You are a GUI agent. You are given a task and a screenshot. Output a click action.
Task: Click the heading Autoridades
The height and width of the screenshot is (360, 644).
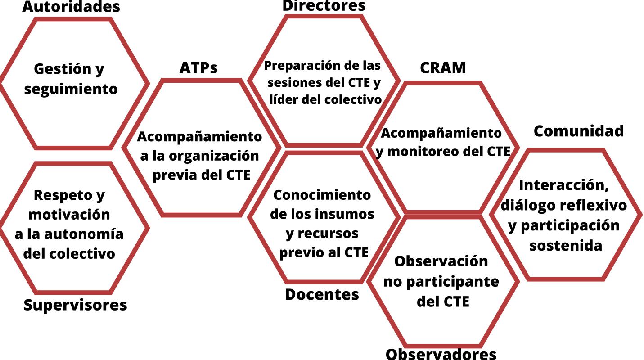(71, 7)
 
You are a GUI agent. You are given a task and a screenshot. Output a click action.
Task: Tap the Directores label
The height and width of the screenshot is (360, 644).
(324, 5)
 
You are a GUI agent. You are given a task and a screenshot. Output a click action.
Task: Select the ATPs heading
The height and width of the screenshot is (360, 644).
(198, 67)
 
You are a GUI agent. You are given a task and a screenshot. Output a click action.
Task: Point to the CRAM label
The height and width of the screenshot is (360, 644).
(443, 67)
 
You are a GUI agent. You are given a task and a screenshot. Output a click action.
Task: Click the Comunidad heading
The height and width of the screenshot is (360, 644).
(579, 131)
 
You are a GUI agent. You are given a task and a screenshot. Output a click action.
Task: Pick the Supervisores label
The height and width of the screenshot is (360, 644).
(75, 305)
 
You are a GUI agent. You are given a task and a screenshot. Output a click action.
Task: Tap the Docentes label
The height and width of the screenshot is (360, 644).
(322, 294)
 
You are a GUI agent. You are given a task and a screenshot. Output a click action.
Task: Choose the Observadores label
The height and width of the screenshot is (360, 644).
(441, 354)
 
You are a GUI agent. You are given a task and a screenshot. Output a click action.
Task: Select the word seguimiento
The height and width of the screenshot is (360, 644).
(71, 89)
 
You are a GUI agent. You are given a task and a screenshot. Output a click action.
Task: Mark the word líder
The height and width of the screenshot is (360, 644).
(283, 99)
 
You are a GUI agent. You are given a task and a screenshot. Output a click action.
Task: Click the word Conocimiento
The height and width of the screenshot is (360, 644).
(322, 195)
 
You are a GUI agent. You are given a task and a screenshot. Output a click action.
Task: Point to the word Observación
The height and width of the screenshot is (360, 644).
(441, 261)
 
